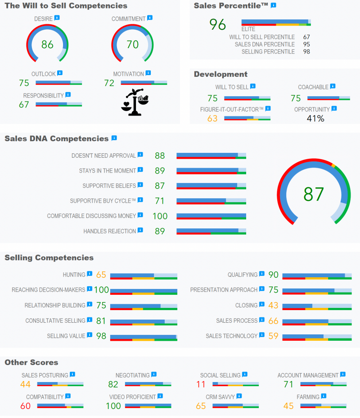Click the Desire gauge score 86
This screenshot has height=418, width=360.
point(47,44)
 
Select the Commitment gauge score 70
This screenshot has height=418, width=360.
point(132,44)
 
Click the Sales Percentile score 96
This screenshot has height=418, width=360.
point(218,25)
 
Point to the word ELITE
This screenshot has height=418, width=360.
point(248,29)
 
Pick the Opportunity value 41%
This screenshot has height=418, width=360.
point(315,119)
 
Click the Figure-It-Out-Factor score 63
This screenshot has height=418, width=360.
point(212,119)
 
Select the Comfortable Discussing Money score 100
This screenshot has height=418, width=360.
point(160,216)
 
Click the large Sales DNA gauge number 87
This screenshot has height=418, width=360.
point(314,194)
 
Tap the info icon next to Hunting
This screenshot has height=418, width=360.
point(90,274)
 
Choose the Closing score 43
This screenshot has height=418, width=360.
point(273,306)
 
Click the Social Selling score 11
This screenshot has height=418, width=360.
point(201,384)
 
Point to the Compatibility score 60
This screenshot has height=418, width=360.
point(25,406)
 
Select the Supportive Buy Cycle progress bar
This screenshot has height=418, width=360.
point(211,201)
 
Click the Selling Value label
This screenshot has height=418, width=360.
point(66,336)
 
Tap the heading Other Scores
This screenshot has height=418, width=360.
point(31,362)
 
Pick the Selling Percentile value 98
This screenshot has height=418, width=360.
point(306,52)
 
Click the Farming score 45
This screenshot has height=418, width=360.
point(288,406)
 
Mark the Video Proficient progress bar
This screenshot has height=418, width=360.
point(148,406)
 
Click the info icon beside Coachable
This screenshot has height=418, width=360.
point(333,86)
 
